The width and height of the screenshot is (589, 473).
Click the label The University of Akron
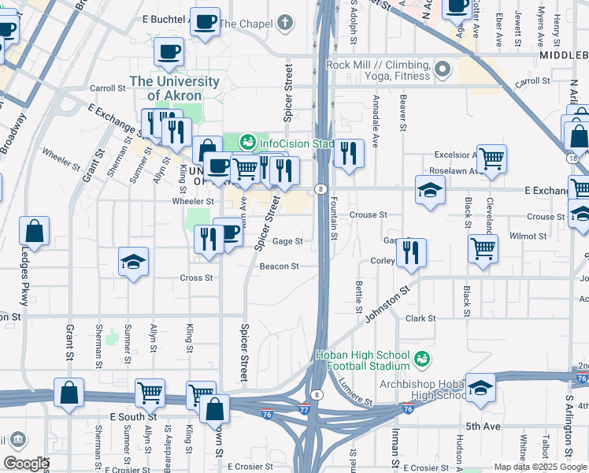[x=175, y=88]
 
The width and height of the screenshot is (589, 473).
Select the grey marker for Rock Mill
[x=442, y=70]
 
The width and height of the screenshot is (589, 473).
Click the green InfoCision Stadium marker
[x=248, y=142]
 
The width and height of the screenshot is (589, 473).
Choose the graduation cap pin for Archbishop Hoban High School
[x=480, y=389]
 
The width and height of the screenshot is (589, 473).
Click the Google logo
[x=25, y=464]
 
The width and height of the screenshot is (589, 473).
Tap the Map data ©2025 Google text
[x=540, y=467]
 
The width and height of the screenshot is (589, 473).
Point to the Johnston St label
[x=388, y=304]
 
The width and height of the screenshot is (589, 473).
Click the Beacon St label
[x=279, y=266]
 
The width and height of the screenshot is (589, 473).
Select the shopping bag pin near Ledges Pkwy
[x=35, y=233]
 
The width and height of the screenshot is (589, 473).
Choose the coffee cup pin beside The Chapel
[x=206, y=23]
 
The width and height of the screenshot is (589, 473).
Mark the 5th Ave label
[x=482, y=426]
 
